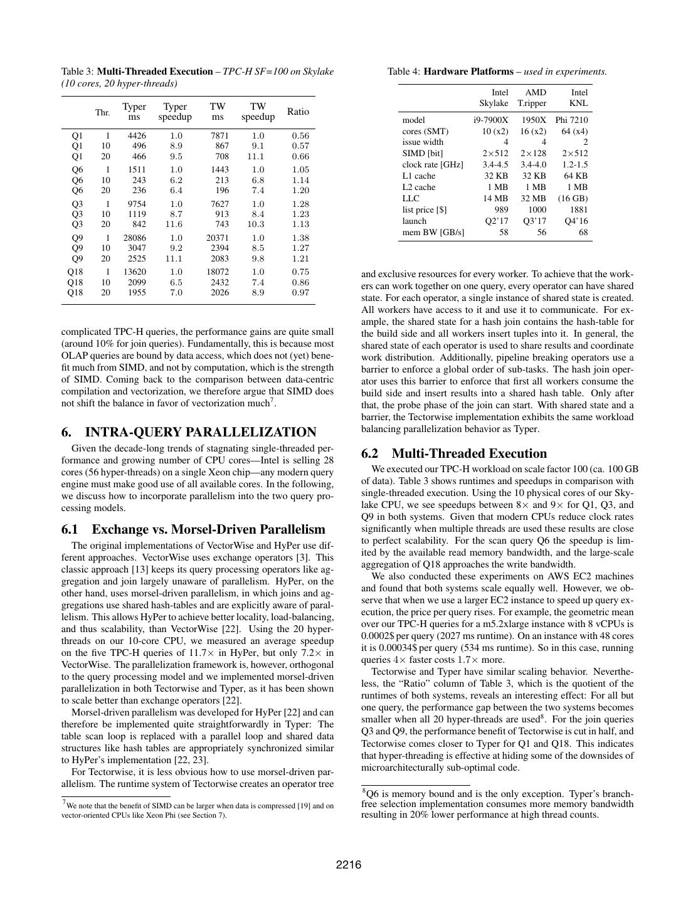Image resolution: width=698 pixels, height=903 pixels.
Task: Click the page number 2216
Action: click(349, 865)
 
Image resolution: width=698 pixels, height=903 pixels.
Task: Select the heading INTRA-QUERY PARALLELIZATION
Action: click(200, 432)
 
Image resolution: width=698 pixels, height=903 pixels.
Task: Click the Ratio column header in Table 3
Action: click(298, 112)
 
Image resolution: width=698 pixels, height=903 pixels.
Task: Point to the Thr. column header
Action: click(102, 113)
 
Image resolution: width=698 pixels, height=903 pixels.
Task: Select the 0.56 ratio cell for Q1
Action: click(300, 135)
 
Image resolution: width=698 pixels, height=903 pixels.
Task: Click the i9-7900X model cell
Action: click(490, 120)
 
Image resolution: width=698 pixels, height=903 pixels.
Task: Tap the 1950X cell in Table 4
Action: click(533, 120)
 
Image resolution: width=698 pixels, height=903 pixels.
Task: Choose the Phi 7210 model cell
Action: click(571, 120)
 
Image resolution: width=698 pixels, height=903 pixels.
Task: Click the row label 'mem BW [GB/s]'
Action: click(433, 233)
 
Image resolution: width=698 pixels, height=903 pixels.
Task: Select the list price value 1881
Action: click(578, 210)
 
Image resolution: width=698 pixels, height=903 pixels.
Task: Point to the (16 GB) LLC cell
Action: click(573, 199)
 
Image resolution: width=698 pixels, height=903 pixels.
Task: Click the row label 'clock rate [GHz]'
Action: click(433, 165)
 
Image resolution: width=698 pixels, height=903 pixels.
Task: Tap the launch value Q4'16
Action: click(576, 221)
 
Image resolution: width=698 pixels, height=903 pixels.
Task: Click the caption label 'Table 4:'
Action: click(404, 71)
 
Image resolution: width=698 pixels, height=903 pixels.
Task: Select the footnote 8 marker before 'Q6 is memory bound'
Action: click(364, 791)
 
